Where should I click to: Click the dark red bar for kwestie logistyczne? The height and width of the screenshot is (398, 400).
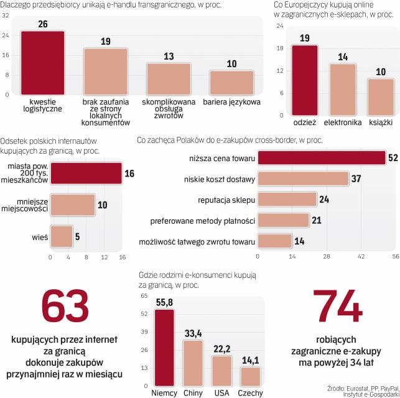click(x=42, y=62)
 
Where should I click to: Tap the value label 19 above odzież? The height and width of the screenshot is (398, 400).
click(x=304, y=38)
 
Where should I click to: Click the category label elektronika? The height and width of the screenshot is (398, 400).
click(x=343, y=123)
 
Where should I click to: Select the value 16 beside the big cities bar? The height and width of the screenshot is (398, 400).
click(x=129, y=174)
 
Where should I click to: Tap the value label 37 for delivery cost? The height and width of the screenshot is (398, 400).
click(x=356, y=179)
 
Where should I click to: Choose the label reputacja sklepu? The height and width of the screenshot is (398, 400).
click(x=225, y=200)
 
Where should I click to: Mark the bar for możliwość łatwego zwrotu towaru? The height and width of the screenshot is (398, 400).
click(x=274, y=241)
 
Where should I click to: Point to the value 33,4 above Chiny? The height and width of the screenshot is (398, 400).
click(x=194, y=334)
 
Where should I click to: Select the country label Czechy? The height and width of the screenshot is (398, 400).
click(x=249, y=392)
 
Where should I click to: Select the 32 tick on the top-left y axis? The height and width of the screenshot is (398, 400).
click(x=5, y=17)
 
